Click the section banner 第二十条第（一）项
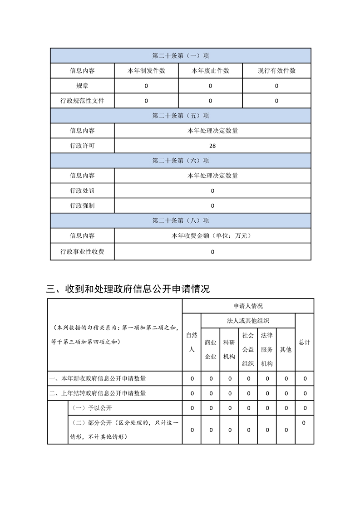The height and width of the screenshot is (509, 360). pos(181,56)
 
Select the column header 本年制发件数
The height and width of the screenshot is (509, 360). pos(146,71)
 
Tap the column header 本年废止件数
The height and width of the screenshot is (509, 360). pos(210,71)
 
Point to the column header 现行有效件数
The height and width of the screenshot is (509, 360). pos(276,71)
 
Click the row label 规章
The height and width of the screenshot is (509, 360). pos(82,86)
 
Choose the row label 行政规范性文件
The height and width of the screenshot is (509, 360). pos(82,101)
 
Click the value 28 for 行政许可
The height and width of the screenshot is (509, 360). pos(212,146)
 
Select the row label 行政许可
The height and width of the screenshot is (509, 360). pos(82,146)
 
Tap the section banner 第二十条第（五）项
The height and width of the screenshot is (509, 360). pos(181,116)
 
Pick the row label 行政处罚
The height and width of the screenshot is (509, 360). pos(82,191)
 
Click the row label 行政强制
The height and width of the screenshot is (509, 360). pos(82,206)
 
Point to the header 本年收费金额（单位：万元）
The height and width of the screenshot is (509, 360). pos(212,236)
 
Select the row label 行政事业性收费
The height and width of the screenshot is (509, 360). pos(82,251)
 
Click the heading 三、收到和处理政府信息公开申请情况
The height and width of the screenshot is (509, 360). pos(128,289)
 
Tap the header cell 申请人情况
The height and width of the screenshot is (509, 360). pos(248,306)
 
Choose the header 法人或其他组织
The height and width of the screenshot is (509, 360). pos(248,321)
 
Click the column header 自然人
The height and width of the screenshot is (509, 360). pos(192,342)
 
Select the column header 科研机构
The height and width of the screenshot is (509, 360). pos(229,349)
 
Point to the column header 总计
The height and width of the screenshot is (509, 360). pos(304,342)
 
